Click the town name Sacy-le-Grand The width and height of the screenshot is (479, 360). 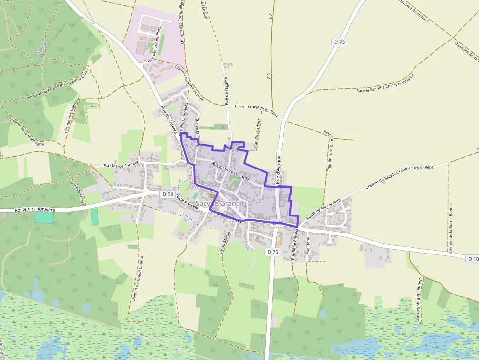coord(218,203)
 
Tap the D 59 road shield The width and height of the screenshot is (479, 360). coord(167,194)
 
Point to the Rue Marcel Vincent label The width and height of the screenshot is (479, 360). coord(121,164)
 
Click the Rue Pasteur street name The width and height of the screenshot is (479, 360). coord(188,204)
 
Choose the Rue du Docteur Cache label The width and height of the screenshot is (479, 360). coord(230,172)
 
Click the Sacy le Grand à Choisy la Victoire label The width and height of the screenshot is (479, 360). coord(385,84)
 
